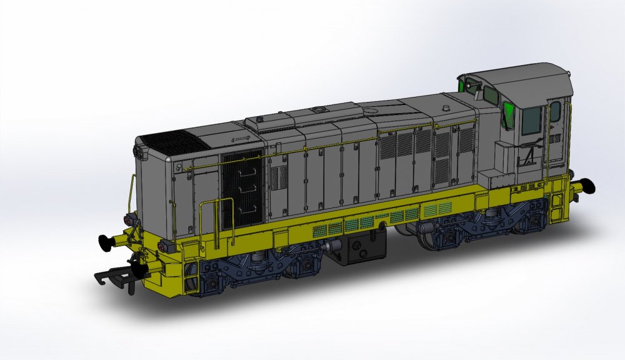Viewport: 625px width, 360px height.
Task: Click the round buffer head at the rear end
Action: coord(588,186)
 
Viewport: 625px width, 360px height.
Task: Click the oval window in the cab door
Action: coord(555,111)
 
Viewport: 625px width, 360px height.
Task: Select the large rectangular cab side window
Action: coord(532,120)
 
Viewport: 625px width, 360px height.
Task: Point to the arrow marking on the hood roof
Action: coord(241,138)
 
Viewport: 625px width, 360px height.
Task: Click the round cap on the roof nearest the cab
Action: coord(445,107)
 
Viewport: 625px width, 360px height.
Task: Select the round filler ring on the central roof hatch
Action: coord(320,110)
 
